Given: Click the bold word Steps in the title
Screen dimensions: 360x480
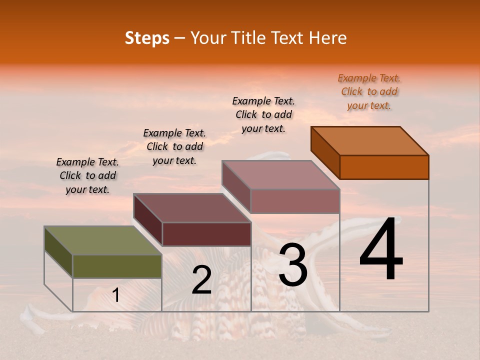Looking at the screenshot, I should (x=147, y=38).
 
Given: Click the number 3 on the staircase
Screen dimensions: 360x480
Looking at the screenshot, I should (x=293, y=265).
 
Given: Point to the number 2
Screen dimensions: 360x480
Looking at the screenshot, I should (x=201, y=280).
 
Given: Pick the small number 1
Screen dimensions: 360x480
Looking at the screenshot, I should (x=116, y=295).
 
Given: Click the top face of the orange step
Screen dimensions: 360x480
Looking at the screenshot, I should (x=370, y=141).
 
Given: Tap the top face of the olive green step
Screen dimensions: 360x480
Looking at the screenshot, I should (x=103, y=240).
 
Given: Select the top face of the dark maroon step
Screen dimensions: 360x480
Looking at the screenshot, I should (x=192, y=208).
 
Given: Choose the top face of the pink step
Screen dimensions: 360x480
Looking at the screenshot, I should (x=281, y=175).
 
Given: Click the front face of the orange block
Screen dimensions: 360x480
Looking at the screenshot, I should (x=384, y=167).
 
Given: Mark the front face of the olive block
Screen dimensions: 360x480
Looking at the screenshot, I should (x=117, y=266).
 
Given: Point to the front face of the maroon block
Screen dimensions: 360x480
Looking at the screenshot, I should (x=206, y=234).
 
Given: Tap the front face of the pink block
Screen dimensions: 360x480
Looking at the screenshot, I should (x=295, y=201).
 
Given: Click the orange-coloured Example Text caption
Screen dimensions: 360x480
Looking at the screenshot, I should (x=369, y=91).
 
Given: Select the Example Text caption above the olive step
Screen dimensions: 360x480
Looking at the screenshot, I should (x=87, y=175).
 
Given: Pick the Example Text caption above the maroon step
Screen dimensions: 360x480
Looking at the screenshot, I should (x=174, y=146).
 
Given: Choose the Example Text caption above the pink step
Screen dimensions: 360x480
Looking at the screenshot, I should (x=263, y=114).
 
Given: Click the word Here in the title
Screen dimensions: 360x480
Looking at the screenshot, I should (x=328, y=38).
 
